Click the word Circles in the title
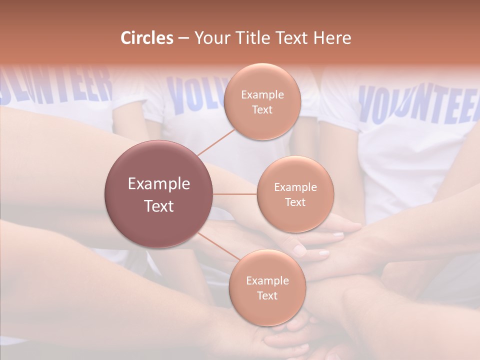click(x=146, y=38)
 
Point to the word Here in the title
click(x=331, y=38)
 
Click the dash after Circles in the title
click(x=183, y=38)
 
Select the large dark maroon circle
click(x=159, y=194)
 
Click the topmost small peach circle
click(x=262, y=101)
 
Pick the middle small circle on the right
click(x=295, y=194)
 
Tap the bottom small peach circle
click(x=267, y=287)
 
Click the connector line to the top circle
click(x=215, y=142)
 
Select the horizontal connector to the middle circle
click(x=235, y=194)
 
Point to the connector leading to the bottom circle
click(x=218, y=246)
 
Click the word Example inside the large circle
click(x=159, y=184)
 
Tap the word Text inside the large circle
click(x=159, y=205)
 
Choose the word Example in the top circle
click(x=262, y=94)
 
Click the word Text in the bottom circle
click(x=267, y=295)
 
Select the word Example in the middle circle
click(x=295, y=187)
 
